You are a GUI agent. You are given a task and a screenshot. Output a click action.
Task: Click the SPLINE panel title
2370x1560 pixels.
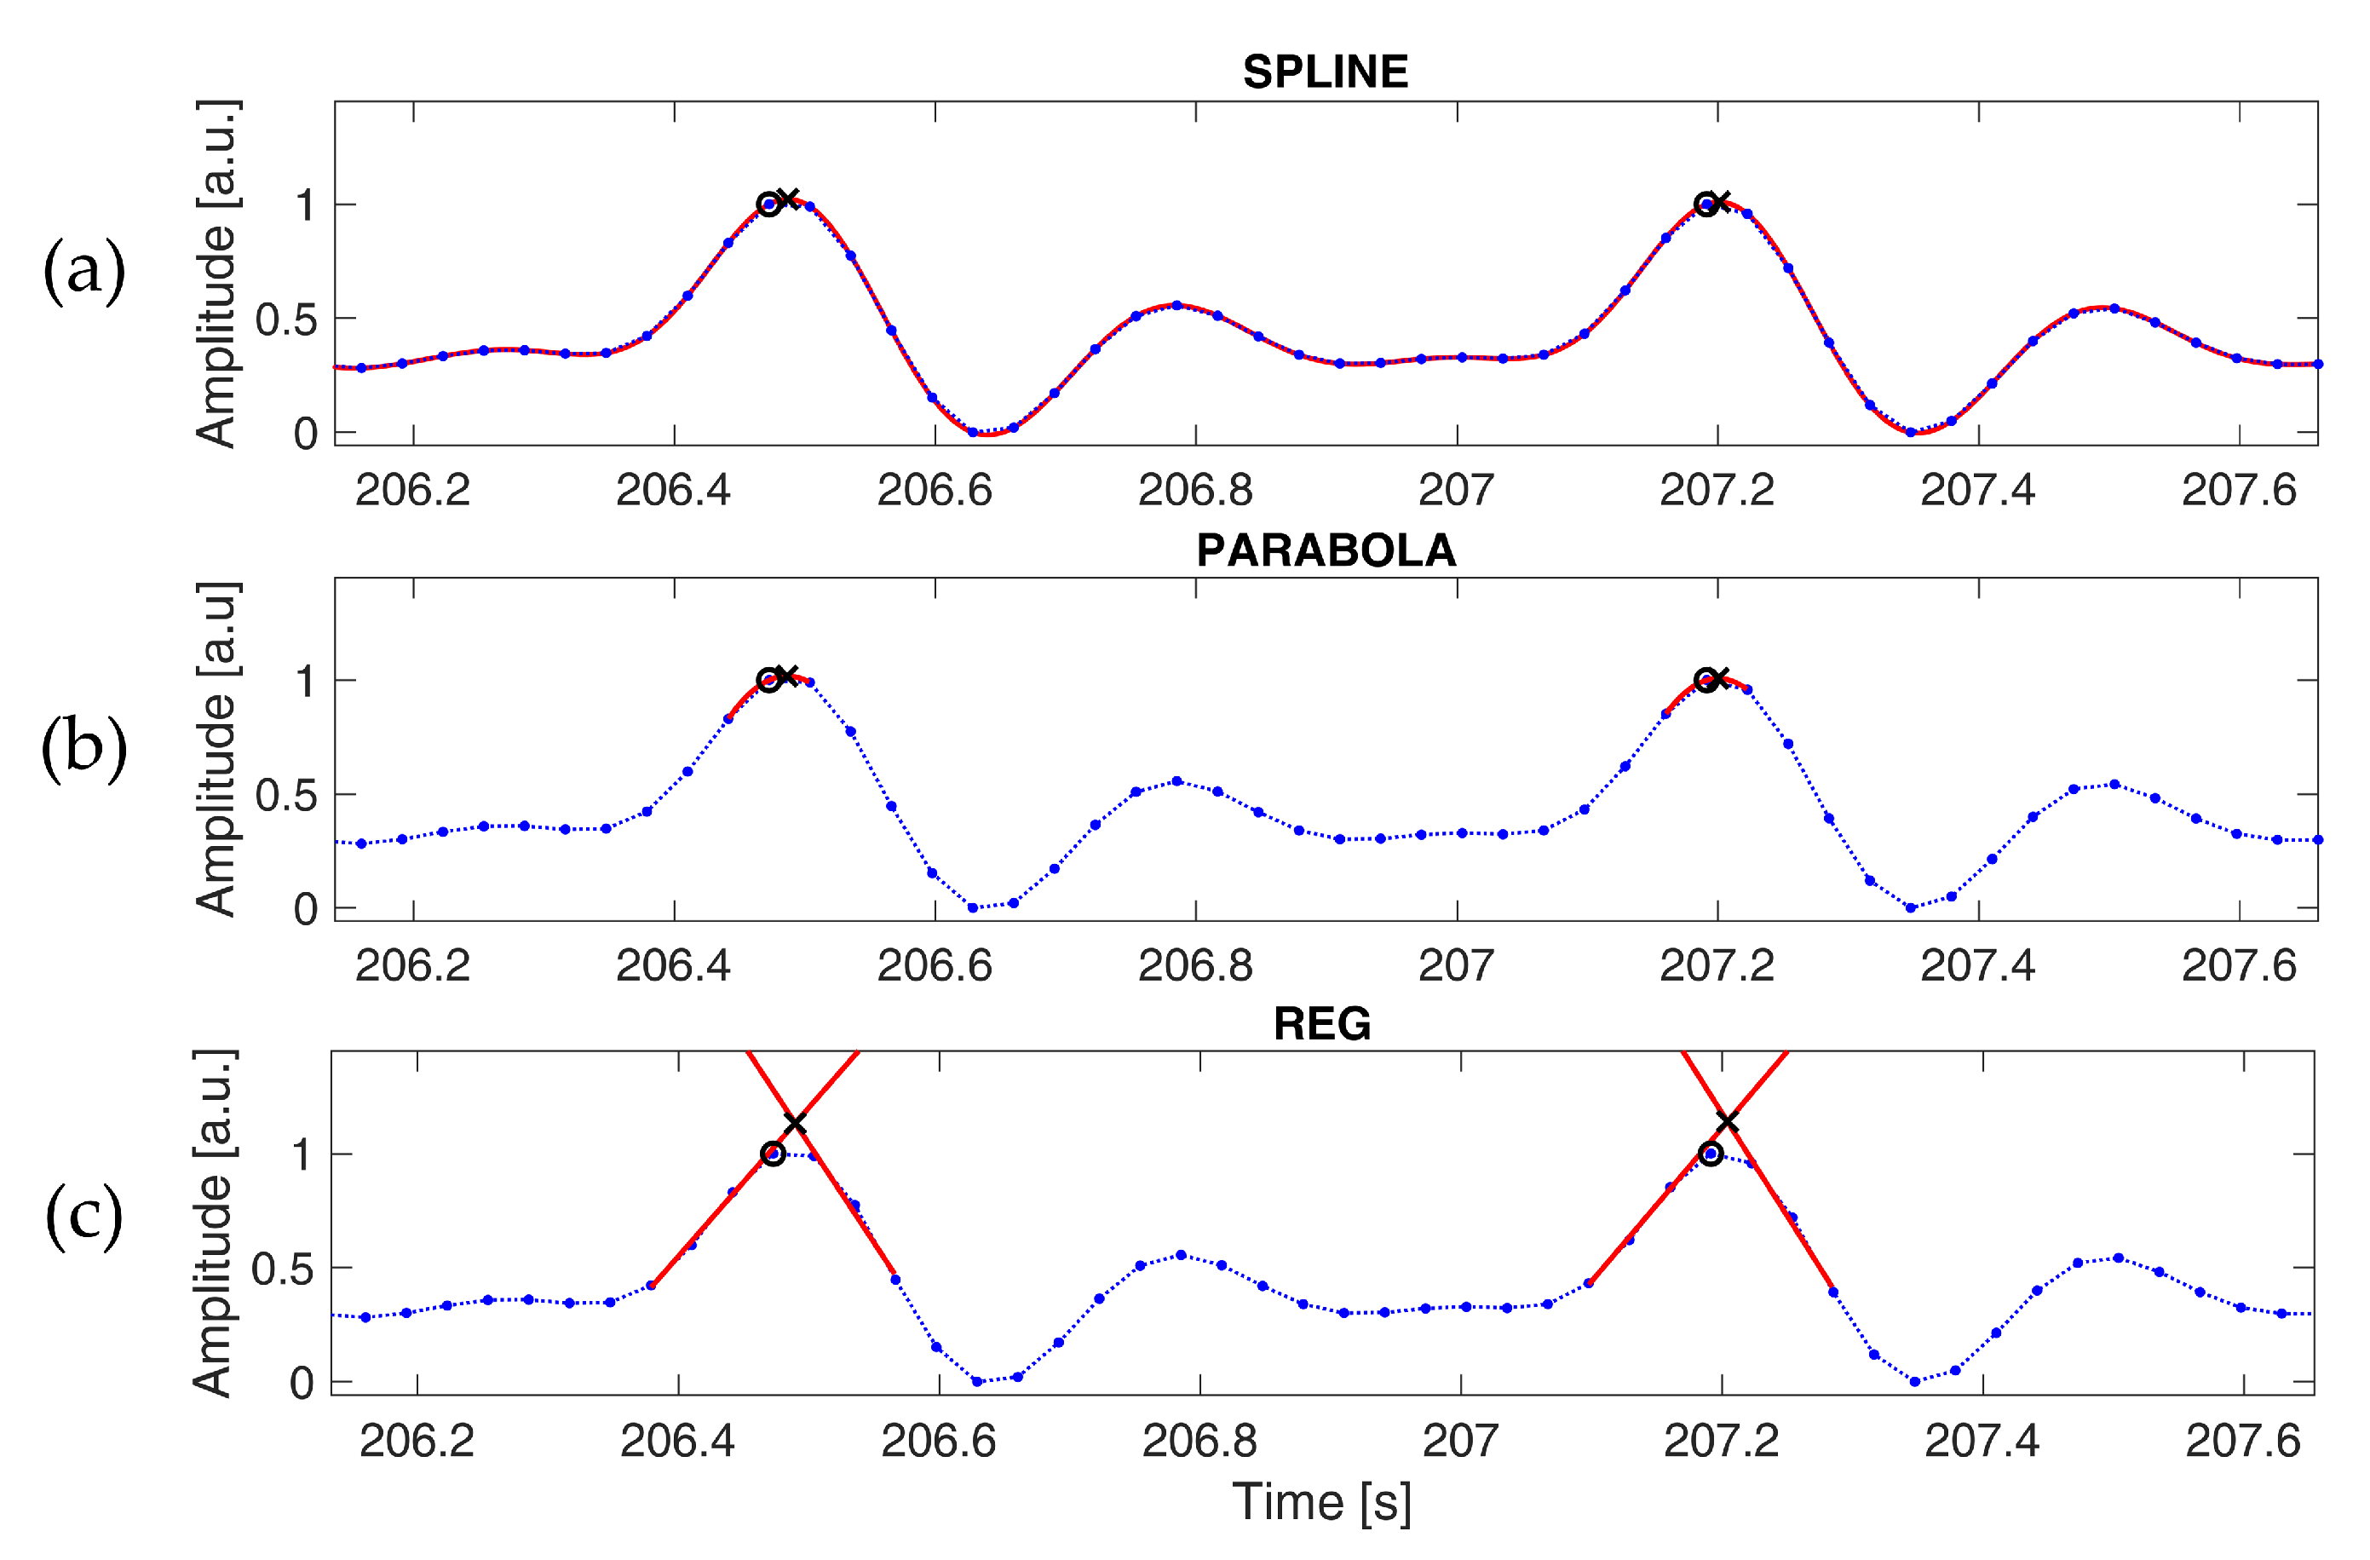click(1326, 72)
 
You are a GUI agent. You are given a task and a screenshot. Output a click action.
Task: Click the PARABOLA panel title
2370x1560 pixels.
click(1326, 551)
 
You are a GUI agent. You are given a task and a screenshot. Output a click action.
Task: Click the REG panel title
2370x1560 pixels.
click(1322, 1024)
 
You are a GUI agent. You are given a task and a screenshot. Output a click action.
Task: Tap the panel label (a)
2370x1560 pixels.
click(83, 270)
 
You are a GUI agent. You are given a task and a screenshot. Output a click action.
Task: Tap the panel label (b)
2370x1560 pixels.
click(83, 747)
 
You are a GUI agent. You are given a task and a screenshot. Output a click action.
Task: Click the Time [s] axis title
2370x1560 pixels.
click(1322, 1501)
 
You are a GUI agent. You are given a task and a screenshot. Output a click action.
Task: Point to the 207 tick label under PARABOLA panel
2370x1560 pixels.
click(1456, 965)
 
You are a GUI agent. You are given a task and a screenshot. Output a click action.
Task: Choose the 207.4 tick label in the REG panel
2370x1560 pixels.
click(1982, 1441)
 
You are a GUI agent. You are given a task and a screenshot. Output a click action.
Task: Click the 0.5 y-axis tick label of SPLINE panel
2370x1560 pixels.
click(285, 319)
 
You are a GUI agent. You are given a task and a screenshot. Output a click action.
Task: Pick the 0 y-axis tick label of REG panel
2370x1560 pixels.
click(302, 1384)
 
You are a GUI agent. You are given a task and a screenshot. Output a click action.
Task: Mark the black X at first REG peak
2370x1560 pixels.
click(794, 1124)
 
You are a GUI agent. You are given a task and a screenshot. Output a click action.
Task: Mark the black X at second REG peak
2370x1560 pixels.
click(1727, 1123)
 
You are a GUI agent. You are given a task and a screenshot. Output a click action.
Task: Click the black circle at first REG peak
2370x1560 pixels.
click(773, 1154)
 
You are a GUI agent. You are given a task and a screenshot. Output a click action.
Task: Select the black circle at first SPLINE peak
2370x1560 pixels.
click(768, 204)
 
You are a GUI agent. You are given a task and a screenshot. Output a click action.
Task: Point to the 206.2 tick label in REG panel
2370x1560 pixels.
click(417, 1441)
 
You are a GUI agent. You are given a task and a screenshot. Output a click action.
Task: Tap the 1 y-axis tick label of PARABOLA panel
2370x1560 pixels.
click(305, 682)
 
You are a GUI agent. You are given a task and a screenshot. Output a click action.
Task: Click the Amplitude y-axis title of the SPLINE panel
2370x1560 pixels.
click(216, 274)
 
